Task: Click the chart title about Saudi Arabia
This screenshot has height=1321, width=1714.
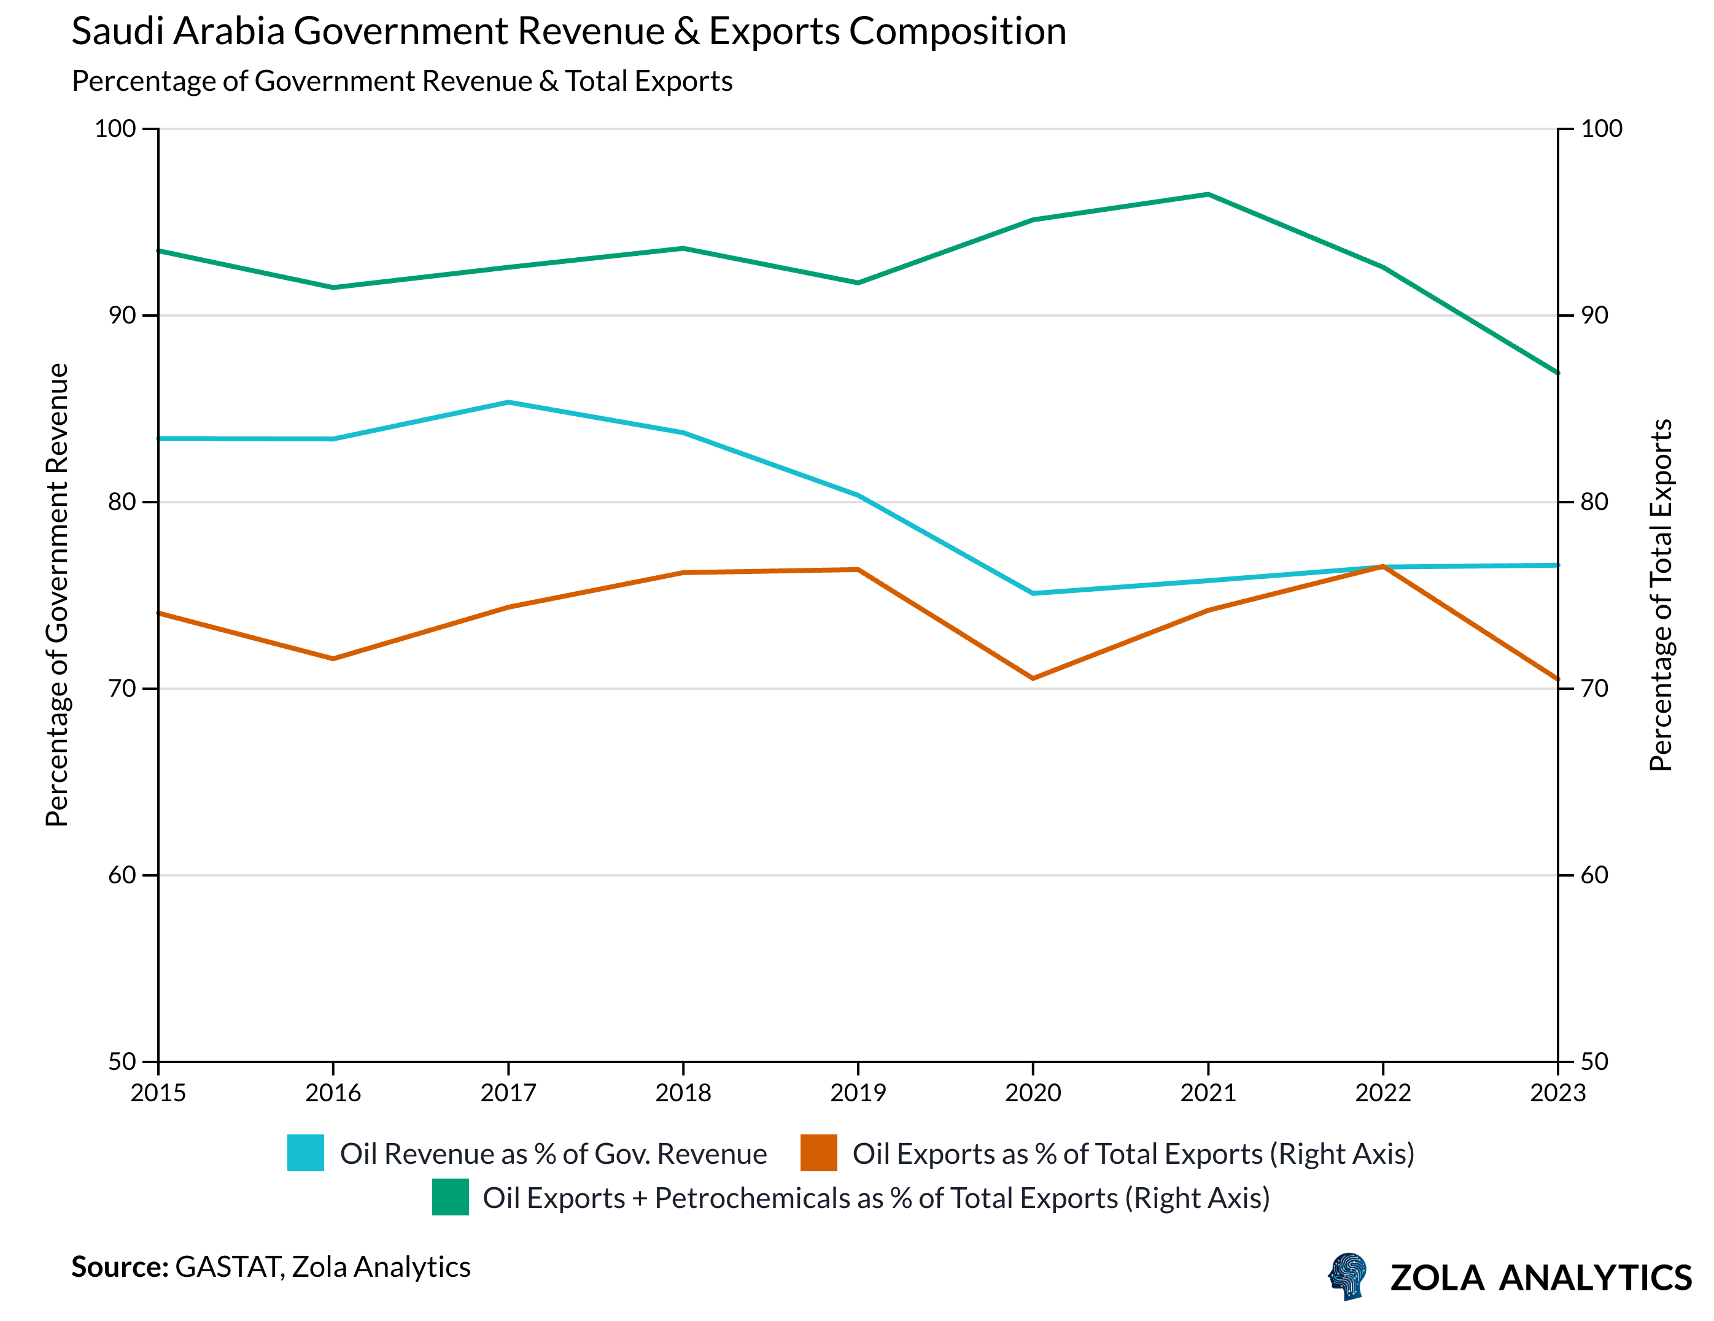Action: (568, 32)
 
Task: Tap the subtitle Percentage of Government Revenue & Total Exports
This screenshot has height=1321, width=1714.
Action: (402, 82)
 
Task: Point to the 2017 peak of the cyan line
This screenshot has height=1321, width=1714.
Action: (508, 403)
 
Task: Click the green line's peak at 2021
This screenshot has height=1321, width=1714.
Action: (1208, 194)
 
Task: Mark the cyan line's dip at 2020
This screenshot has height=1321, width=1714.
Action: (1033, 594)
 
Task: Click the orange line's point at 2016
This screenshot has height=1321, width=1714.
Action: (333, 659)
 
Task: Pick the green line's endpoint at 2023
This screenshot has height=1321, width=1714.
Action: (1557, 373)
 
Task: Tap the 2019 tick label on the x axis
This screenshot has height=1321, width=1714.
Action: (858, 1093)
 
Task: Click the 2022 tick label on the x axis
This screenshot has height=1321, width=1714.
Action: (1383, 1093)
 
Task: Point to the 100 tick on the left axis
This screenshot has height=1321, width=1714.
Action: (115, 129)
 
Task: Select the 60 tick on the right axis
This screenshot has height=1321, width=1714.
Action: (1594, 875)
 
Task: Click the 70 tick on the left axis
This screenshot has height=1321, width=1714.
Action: (122, 688)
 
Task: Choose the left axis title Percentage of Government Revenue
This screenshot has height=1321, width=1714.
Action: (57, 594)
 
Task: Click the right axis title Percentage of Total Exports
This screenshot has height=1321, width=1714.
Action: (1661, 594)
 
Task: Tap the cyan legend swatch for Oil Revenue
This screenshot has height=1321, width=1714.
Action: (305, 1153)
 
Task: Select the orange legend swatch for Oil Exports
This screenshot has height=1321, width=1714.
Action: (818, 1153)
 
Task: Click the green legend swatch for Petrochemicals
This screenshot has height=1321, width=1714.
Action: (451, 1197)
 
